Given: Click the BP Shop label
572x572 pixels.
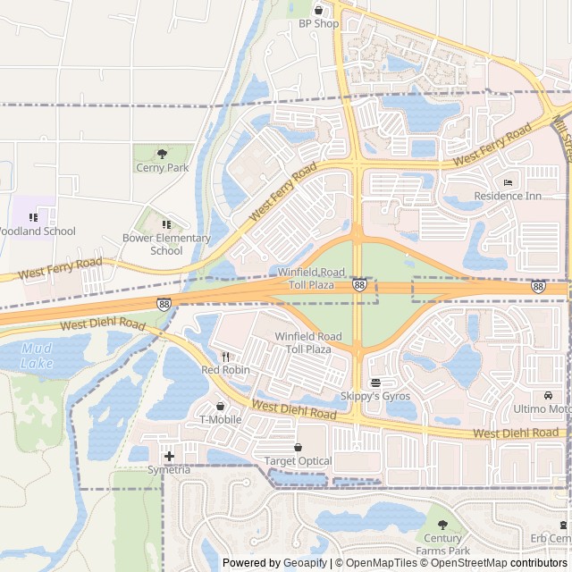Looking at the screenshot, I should click(x=319, y=23).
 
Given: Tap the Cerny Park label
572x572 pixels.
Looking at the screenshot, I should click(x=162, y=167).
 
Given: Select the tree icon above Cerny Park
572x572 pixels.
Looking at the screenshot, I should click(x=162, y=154).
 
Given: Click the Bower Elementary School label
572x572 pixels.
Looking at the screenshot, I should click(x=166, y=244).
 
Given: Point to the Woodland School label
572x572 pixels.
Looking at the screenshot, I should click(x=37, y=231).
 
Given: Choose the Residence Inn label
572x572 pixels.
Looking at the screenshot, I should click(x=508, y=196).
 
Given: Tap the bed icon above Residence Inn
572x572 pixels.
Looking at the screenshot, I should click(x=508, y=182).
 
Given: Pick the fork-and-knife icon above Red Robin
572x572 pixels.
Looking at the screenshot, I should click(x=225, y=356).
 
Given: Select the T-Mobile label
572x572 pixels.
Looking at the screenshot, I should click(x=220, y=419).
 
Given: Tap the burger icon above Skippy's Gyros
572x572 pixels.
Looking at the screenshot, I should click(x=374, y=382).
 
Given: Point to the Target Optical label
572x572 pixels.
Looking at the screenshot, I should click(x=298, y=461).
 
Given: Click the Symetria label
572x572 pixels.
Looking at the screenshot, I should click(x=169, y=470).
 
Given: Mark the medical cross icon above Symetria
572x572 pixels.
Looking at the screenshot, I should click(x=169, y=457).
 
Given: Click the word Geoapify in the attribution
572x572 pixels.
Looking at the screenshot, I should click(x=305, y=563).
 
